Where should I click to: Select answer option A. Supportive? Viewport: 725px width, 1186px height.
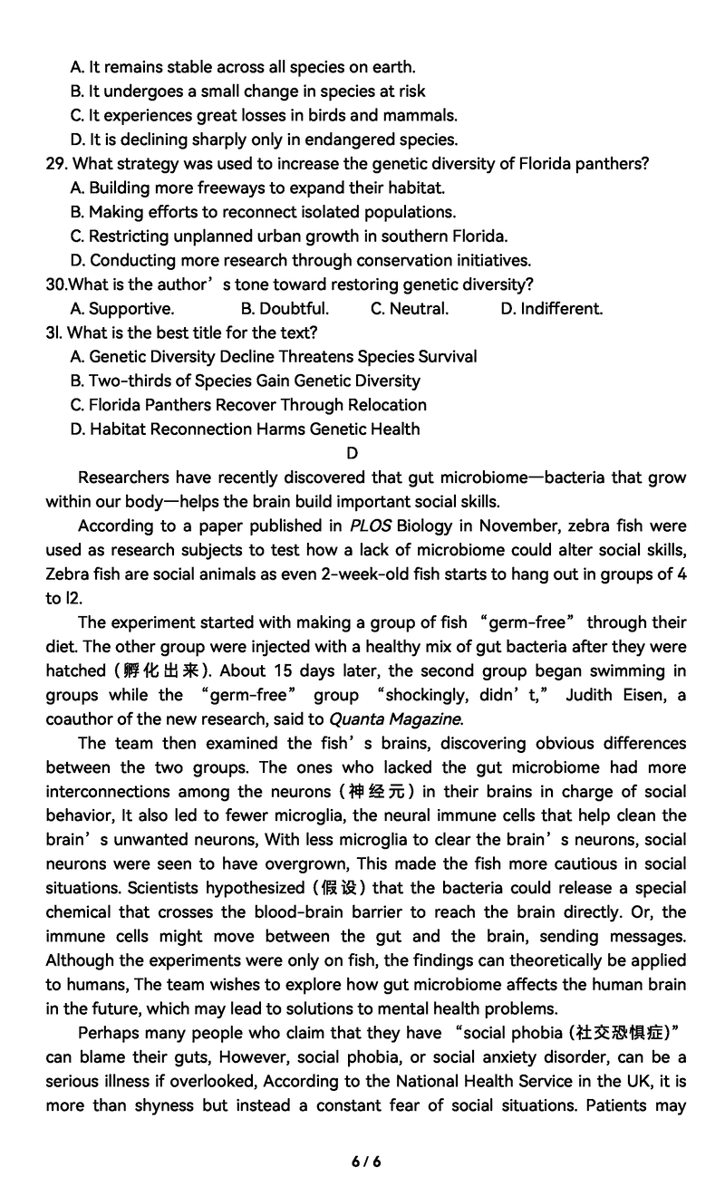(121, 309)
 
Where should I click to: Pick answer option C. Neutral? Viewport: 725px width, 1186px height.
(410, 309)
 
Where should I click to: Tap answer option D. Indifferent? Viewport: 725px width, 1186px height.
(551, 309)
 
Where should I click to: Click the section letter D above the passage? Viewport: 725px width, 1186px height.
(353, 453)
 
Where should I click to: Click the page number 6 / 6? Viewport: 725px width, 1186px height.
(366, 1162)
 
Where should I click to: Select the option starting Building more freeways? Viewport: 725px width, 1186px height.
(257, 188)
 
